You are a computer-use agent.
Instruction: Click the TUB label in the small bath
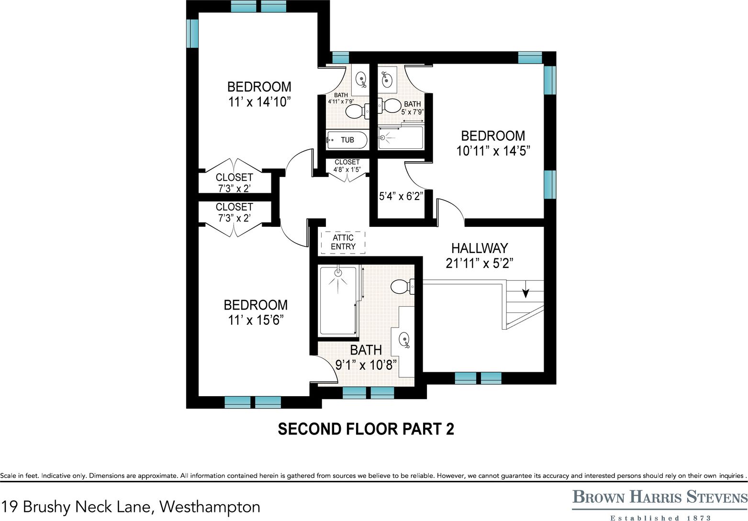(x=347, y=140)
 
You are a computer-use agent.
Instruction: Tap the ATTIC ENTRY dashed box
(x=343, y=242)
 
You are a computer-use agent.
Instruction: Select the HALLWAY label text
(x=480, y=248)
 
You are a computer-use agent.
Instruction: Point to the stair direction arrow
(x=525, y=291)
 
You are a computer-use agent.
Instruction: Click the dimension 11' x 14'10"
(x=259, y=102)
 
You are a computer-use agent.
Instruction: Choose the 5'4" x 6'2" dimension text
(x=401, y=196)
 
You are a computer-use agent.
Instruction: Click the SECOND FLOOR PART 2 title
(x=366, y=429)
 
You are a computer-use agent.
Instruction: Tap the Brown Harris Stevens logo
(x=659, y=498)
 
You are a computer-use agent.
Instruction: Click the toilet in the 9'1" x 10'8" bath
(x=401, y=287)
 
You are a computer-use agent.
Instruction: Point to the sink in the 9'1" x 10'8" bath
(x=404, y=339)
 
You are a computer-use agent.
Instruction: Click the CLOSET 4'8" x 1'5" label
(x=347, y=166)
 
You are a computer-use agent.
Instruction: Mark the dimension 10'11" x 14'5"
(x=493, y=151)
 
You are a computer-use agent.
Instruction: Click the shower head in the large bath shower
(x=338, y=273)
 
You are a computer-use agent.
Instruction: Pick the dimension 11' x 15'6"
(x=256, y=320)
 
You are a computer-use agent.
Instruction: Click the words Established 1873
(x=660, y=518)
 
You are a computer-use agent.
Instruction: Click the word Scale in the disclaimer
(x=8, y=476)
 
